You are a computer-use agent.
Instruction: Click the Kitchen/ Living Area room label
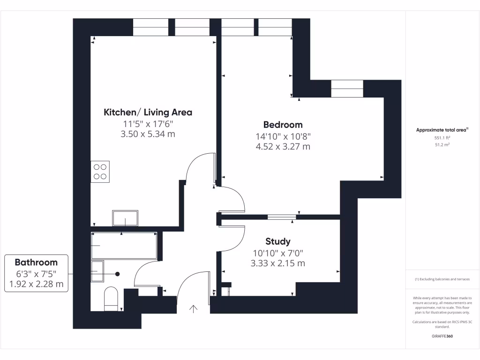click(148, 112)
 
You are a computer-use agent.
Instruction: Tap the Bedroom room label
click(283, 125)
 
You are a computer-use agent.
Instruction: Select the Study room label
click(277, 241)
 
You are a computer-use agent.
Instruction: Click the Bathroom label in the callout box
click(36, 262)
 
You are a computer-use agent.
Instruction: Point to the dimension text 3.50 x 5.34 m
click(148, 134)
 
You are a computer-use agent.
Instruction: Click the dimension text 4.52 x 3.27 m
click(283, 146)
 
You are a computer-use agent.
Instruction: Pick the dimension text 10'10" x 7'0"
click(277, 253)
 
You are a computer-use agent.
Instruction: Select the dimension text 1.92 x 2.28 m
click(36, 284)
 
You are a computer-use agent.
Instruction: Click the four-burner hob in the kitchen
click(100, 171)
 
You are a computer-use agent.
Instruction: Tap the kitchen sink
click(125, 218)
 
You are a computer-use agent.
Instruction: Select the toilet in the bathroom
click(111, 299)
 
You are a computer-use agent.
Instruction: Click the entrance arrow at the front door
click(193, 308)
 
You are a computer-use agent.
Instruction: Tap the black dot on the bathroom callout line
click(118, 274)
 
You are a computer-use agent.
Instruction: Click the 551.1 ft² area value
click(442, 138)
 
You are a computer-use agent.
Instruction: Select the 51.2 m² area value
click(442, 145)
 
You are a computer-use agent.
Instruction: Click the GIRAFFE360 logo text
click(442, 336)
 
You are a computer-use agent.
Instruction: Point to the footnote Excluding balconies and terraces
click(442, 279)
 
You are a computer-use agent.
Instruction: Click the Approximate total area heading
click(442, 130)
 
